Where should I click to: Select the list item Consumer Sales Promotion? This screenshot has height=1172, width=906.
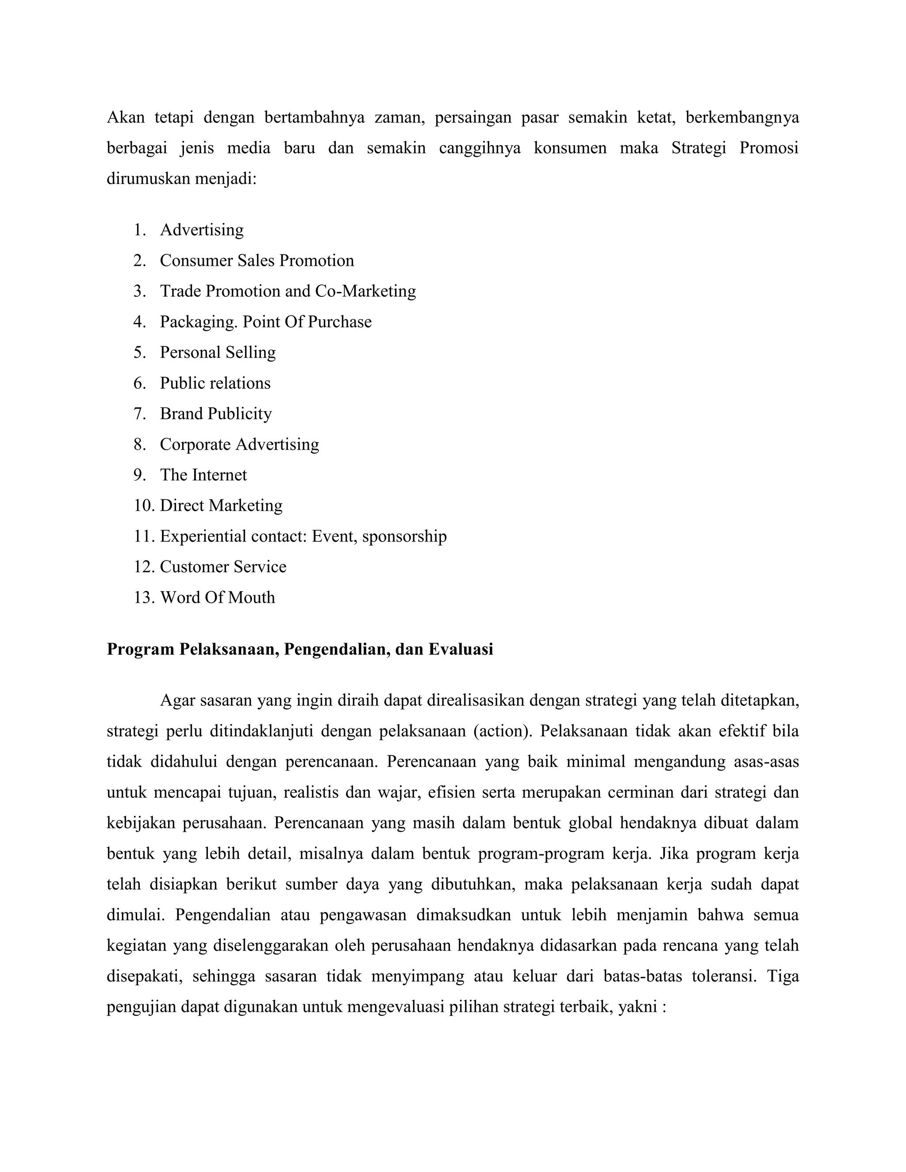257,261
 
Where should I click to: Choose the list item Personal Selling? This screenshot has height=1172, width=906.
217,352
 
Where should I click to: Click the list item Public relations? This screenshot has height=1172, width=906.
215,383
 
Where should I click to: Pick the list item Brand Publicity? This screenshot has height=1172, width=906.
215,414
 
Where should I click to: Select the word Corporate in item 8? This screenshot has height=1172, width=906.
196,444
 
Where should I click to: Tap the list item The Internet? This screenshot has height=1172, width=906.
203,475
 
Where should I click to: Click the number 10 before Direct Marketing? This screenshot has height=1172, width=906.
144,506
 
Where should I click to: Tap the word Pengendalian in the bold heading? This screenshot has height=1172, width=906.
337,649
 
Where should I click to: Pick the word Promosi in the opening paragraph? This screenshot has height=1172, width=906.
768,148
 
